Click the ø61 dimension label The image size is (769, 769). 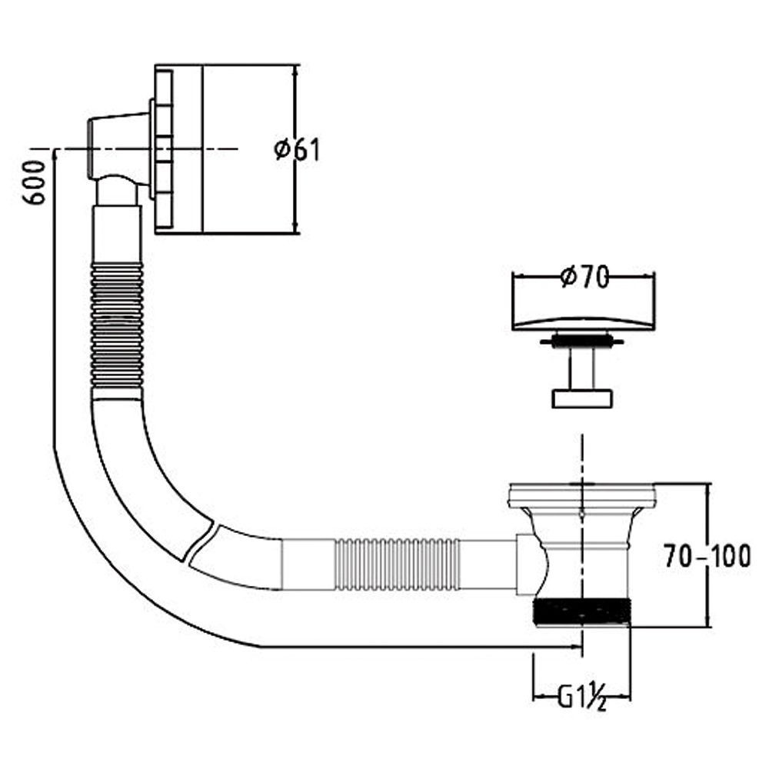coord(297,150)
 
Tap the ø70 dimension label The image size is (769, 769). coord(584,278)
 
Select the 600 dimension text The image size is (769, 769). coord(35,183)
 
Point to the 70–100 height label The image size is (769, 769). coord(707,556)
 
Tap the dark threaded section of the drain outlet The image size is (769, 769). coord(581,611)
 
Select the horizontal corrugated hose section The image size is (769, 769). coord(398,564)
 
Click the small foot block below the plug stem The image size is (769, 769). coord(583,398)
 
